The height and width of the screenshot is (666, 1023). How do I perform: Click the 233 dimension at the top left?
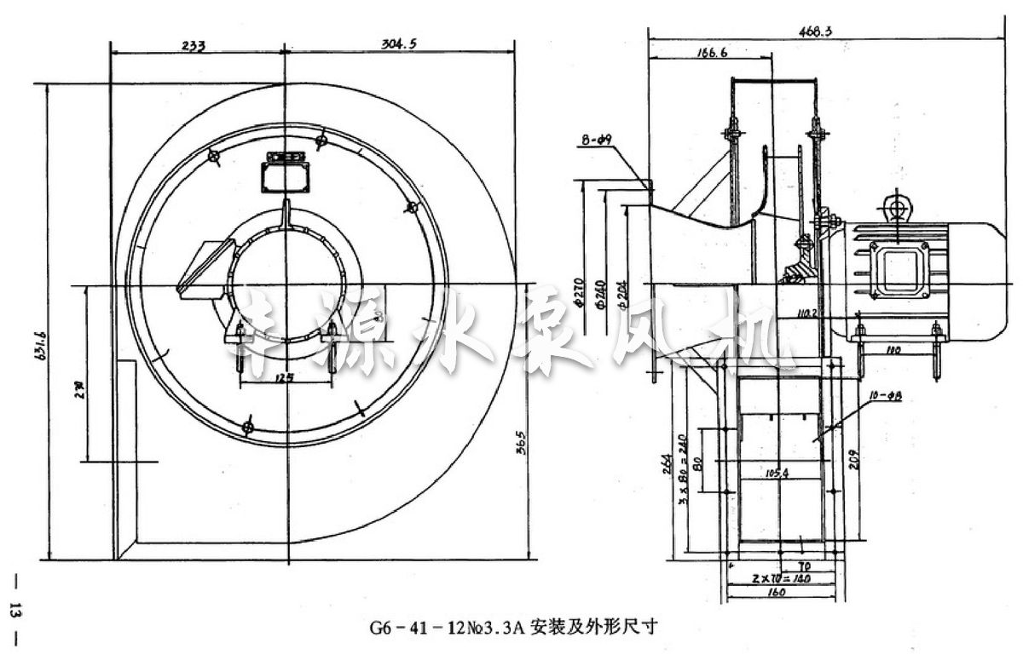pyautogui.click(x=194, y=47)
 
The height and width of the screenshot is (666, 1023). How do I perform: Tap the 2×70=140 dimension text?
pyautogui.click(x=783, y=578)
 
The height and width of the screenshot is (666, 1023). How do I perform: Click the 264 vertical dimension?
pyautogui.click(x=667, y=463)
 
